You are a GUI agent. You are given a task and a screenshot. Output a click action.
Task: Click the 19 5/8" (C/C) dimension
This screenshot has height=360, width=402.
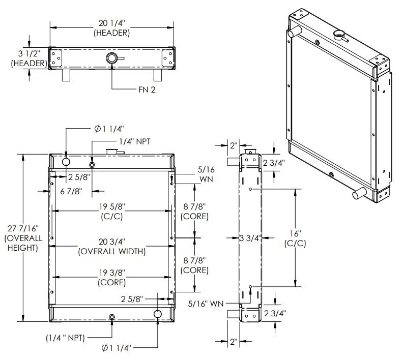click(111, 211)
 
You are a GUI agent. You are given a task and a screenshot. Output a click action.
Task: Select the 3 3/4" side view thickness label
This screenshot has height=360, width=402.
click(250, 238)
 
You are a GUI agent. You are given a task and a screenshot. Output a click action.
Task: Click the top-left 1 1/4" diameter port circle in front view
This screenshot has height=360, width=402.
click(67, 162)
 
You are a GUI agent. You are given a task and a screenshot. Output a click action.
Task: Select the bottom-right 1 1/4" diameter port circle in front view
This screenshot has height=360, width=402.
click(157, 315)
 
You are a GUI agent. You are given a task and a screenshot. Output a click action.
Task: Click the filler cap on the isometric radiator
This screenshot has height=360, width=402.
click(339, 36)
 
